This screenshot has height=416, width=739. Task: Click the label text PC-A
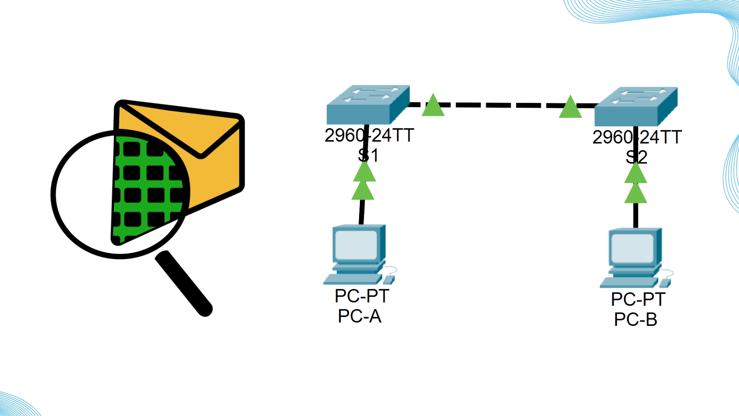pos(359,316)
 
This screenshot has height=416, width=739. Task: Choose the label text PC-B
pos(635,319)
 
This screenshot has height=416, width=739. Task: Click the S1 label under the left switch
pos(368,156)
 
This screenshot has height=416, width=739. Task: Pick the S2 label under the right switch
pos(636,157)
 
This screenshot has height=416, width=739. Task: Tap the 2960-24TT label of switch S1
pos(369,135)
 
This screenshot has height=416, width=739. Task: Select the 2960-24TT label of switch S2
pos(637,137)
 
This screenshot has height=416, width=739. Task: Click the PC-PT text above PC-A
pos(362,296)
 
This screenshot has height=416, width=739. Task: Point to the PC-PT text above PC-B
pos(638,299)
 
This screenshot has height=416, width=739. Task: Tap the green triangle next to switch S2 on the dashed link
pos(570,108)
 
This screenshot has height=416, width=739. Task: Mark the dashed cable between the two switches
pos(500,105)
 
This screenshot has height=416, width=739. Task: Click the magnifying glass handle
pos(184,283)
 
